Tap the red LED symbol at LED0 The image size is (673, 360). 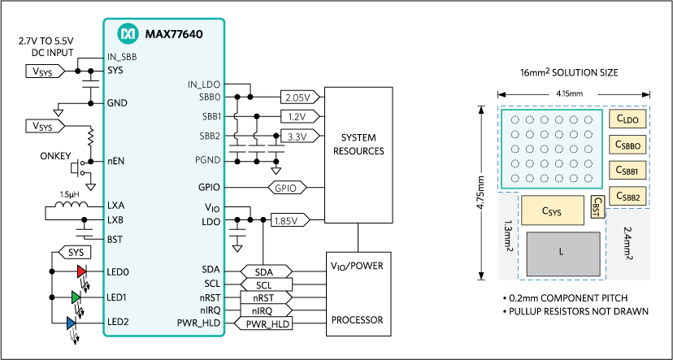81,271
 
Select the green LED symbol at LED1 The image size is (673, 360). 76,297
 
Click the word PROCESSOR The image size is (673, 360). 358,319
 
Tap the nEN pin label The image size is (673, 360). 117,161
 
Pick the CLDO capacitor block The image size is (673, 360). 629,119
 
